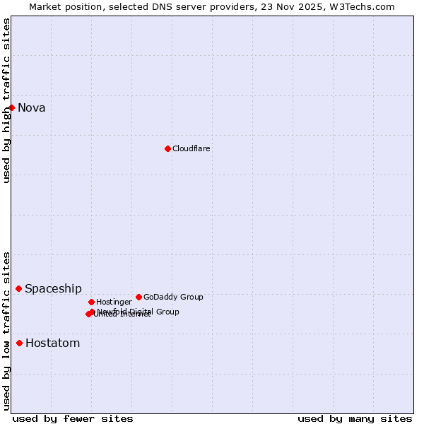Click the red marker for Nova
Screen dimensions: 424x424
(x=12, y=107)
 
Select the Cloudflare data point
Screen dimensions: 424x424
(x=167, y=148)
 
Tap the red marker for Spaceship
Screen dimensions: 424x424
(x=19, y=288)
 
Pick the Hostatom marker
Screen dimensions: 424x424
(x=20, y=343)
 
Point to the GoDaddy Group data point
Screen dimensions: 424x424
(x=139, y=297)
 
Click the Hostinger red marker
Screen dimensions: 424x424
(x=91, y=302)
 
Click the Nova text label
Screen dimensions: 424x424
(x=32, y=108)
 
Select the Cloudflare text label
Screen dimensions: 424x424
(x=192, y=148)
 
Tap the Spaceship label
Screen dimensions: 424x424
(x=53, y=289)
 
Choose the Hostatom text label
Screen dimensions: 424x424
(x=53, y=343)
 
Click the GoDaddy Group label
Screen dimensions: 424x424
(x=173, y=297)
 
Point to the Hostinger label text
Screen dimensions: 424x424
(x=114, y=302)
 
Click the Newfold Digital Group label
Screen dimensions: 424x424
(x=139, y=312)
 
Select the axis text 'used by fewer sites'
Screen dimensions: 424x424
(x=73, y=418)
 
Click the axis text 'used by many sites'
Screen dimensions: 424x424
(x=355, y=418)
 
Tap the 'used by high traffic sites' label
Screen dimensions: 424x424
(x=6, y=100)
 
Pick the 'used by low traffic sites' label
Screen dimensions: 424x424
(x=6, y=331)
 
